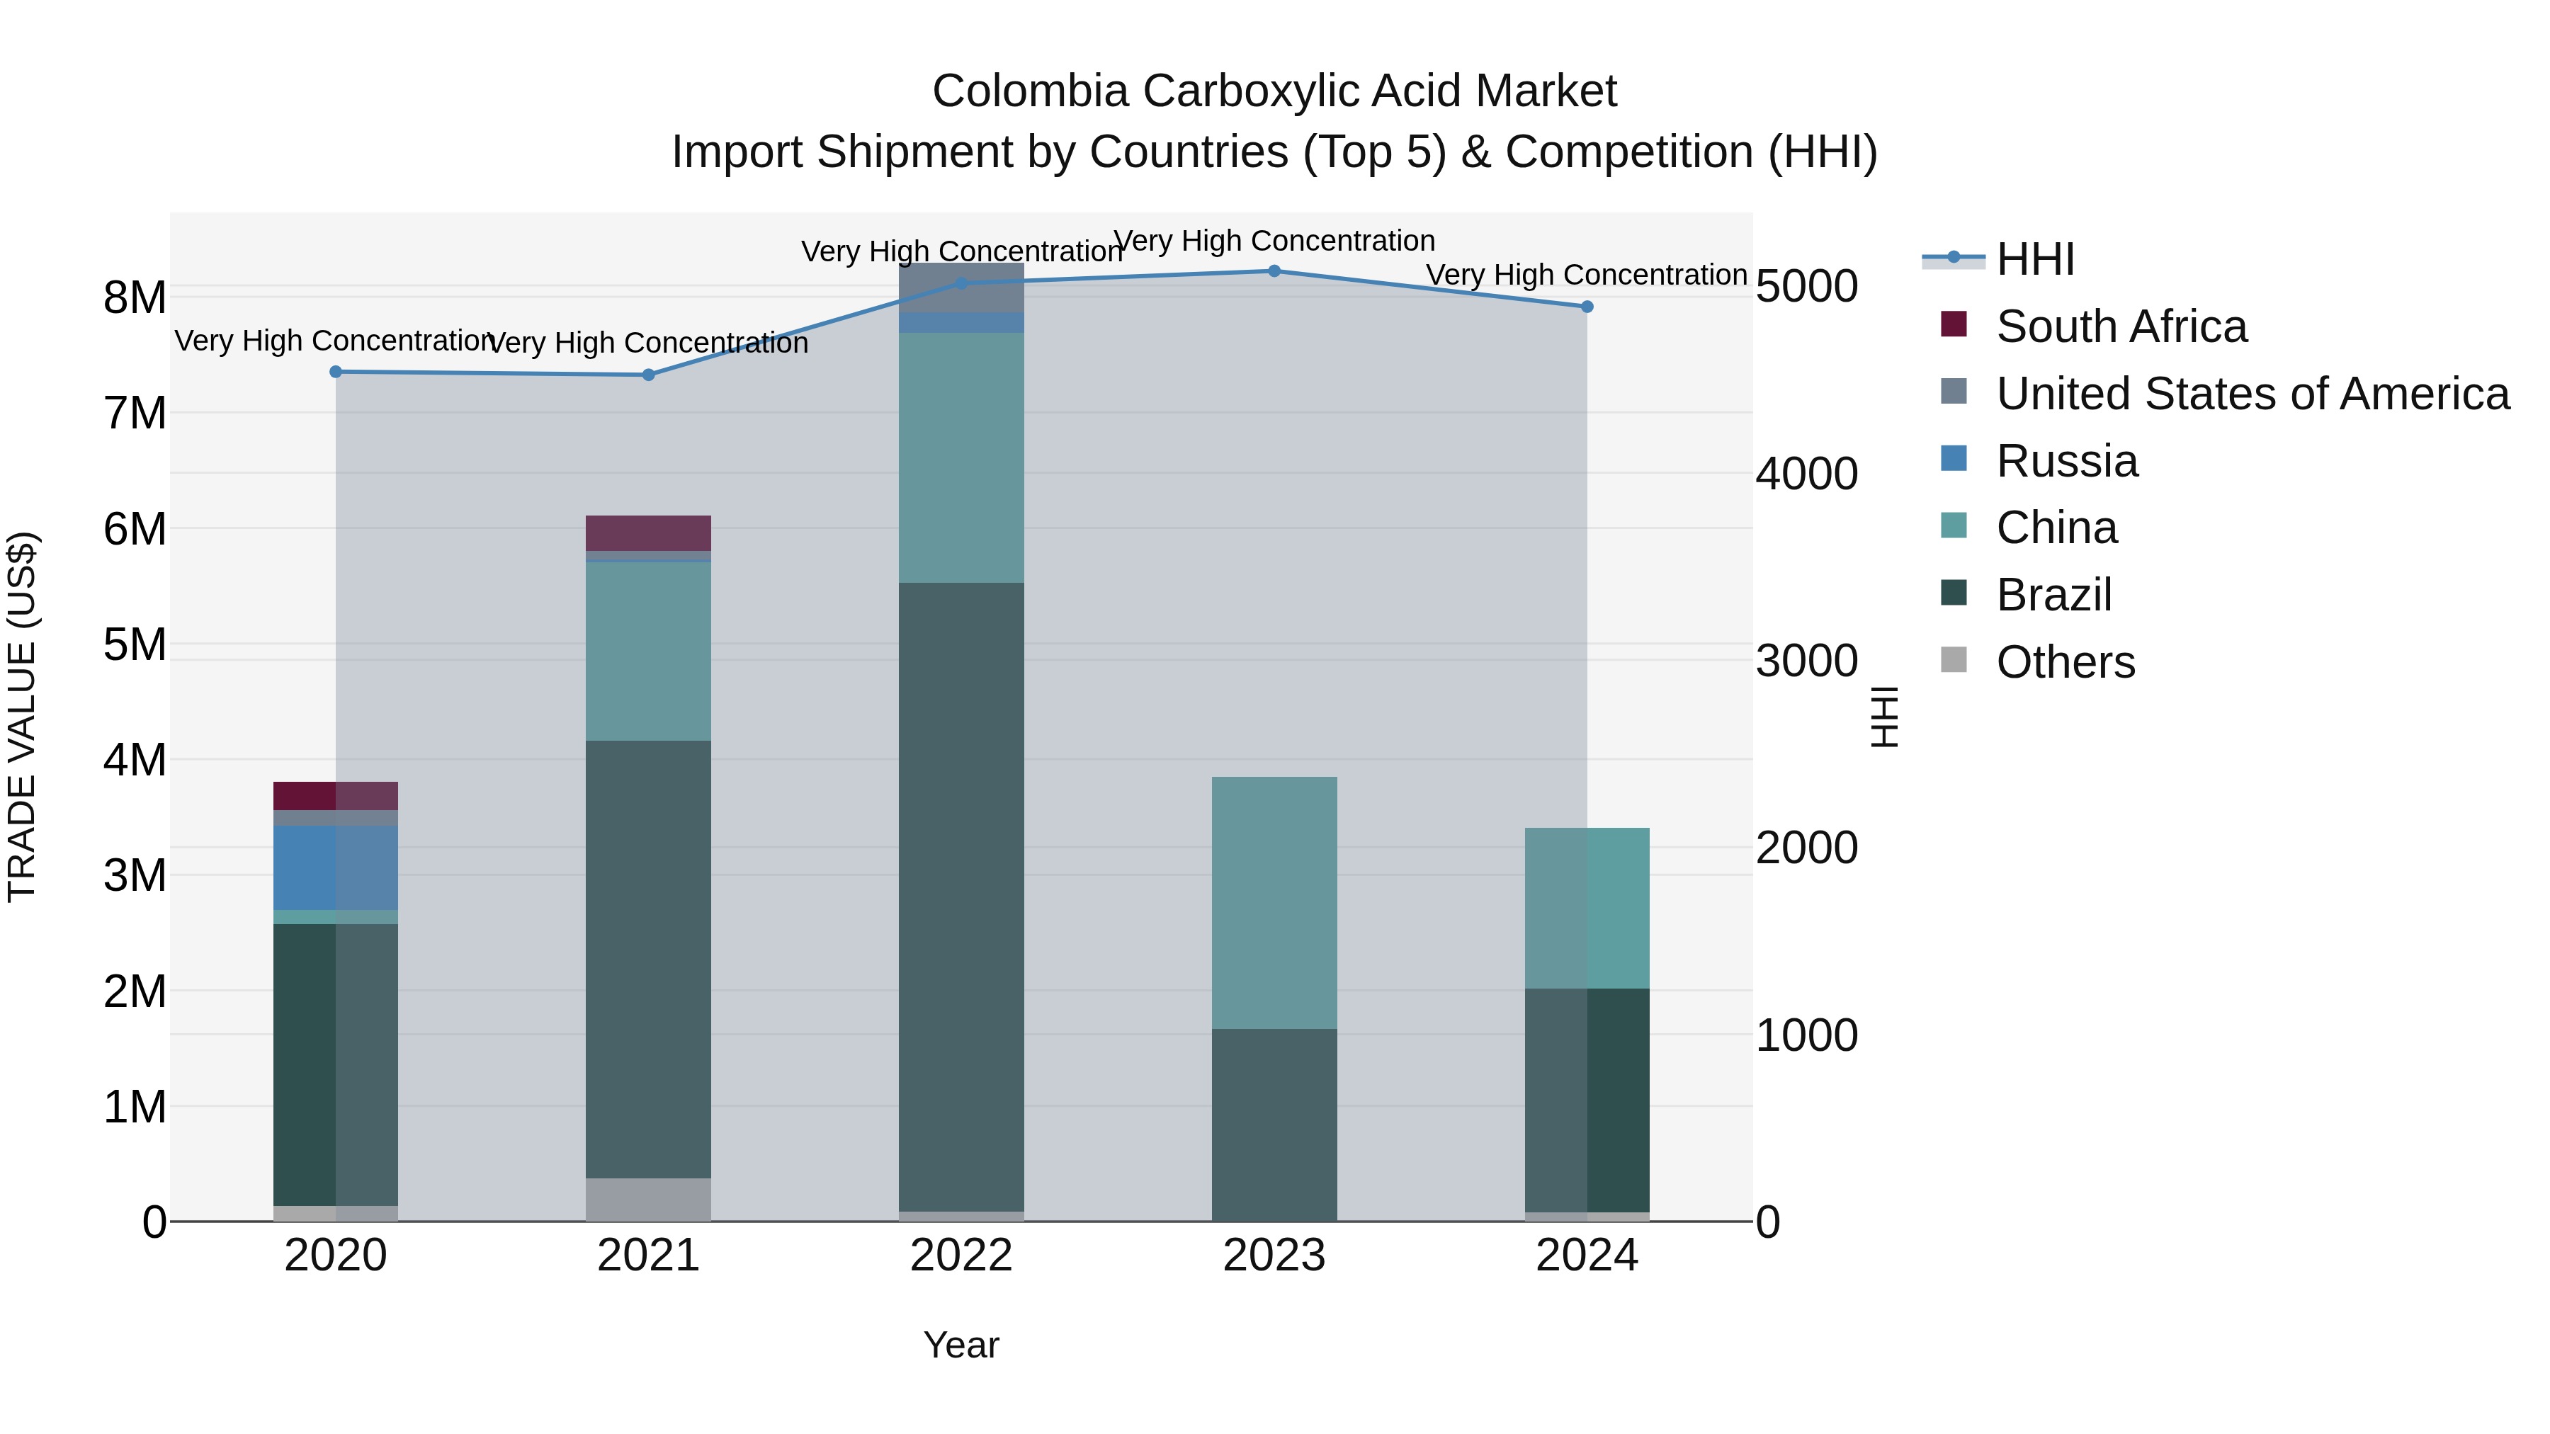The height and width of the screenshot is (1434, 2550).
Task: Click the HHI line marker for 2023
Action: coord(1274,271)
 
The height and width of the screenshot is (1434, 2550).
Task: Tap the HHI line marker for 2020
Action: coord(336,372)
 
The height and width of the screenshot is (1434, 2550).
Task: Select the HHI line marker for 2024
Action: coord(1587,307)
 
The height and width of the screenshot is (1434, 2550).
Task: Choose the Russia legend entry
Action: coord(2066,461)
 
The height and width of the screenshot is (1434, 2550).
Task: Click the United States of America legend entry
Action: coord(2252,394)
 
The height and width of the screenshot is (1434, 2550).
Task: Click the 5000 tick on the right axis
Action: coord(1806,287)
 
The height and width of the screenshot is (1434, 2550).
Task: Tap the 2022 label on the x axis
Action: coord(961,1256)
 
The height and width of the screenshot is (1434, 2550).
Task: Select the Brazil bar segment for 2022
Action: coord(961,896)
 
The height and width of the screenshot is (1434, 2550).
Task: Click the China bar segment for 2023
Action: coord(1274,903)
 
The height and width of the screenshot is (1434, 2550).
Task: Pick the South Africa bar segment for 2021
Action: coord(648,533)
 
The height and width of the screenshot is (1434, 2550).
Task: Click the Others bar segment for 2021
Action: coord(648,1200)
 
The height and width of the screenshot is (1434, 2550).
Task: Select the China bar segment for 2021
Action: coord(648,651)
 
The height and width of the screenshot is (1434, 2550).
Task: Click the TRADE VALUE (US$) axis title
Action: coord(23,717)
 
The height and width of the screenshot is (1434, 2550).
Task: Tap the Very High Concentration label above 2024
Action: coord(1586,275)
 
